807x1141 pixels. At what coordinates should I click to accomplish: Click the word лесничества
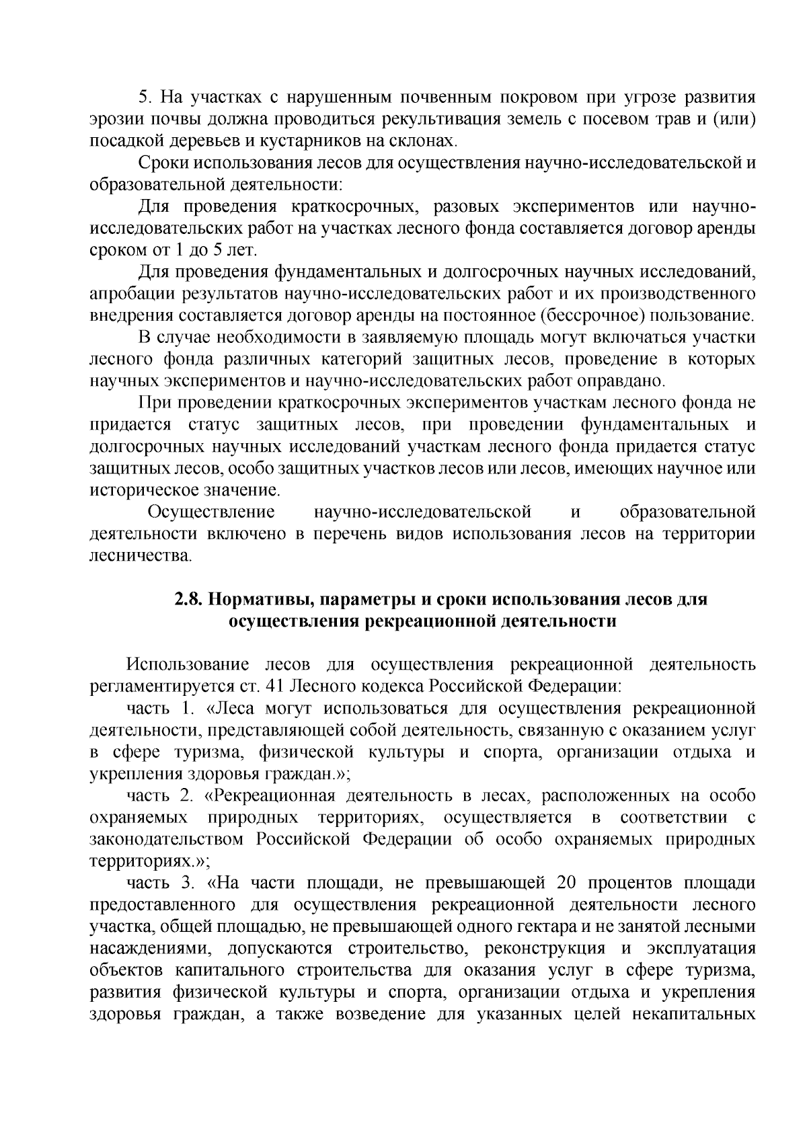tap(140, 555)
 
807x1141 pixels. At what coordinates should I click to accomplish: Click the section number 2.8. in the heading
tap(189, 599)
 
